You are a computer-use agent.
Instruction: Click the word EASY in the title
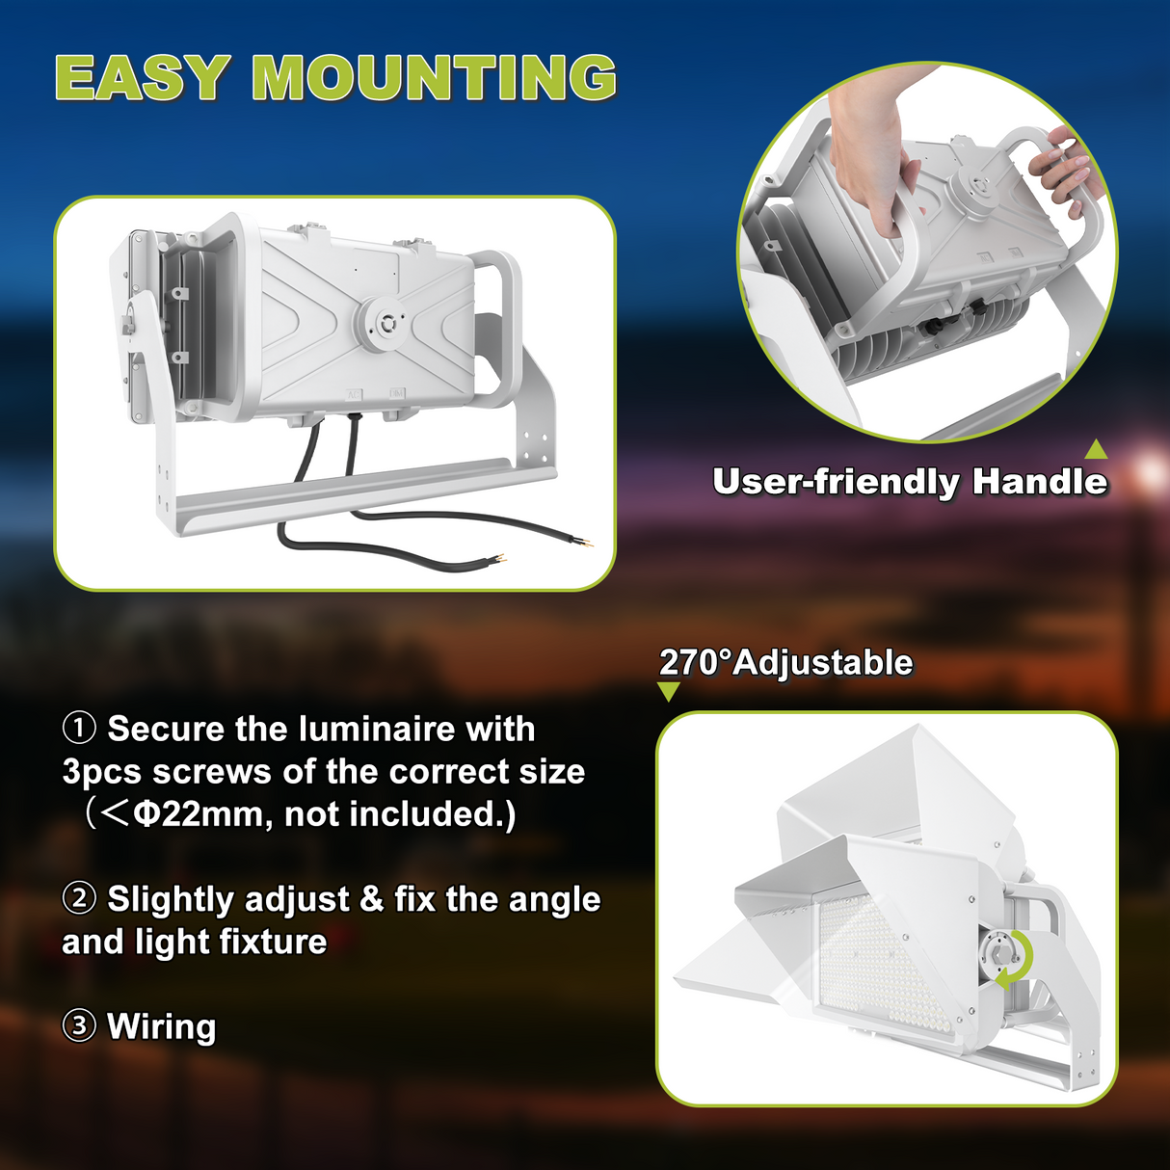(x=142, y=78)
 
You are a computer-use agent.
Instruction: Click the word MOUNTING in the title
(x=434, y=78)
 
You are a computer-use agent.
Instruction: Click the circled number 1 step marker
(x=79, y=728)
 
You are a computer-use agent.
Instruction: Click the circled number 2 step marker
(x=79, y=898)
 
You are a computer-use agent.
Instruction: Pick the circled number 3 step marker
(x=79, y=1025)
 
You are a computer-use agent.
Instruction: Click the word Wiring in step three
(x=162, y=1026)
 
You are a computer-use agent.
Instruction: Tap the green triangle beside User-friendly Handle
(x=1096, y=449)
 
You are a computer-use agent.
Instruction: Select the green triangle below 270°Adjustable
(x=668, y=691)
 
